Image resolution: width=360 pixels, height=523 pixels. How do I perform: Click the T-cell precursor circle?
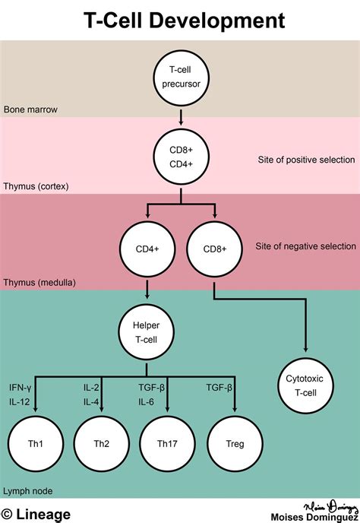[x=181, y=78]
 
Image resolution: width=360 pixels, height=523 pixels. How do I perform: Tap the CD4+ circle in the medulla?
[x=147, y=249]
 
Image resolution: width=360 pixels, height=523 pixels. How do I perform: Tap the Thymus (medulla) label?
[x=39, y=281]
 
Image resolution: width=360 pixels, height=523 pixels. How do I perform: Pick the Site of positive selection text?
[x=305, y=159]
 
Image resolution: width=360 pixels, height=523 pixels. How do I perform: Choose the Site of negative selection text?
[x=305, y=246]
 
